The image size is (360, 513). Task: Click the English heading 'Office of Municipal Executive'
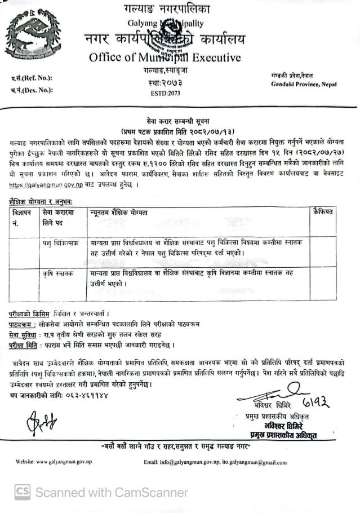click(x=165, y=58)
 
